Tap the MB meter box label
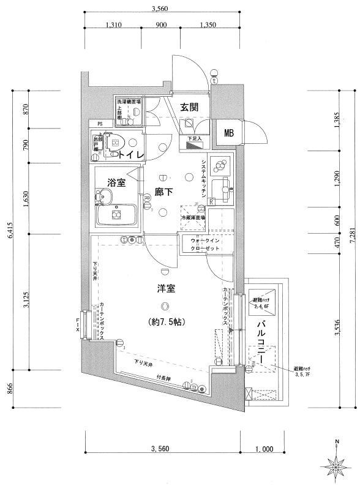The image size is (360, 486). click(x=228, y=134)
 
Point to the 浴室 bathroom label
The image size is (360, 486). click(x=116, y=182)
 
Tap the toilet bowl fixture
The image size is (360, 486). click(x=114, y=142)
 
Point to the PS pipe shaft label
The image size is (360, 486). click(x=93, y=122)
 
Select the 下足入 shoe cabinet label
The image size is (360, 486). click(x=194, y=139)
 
